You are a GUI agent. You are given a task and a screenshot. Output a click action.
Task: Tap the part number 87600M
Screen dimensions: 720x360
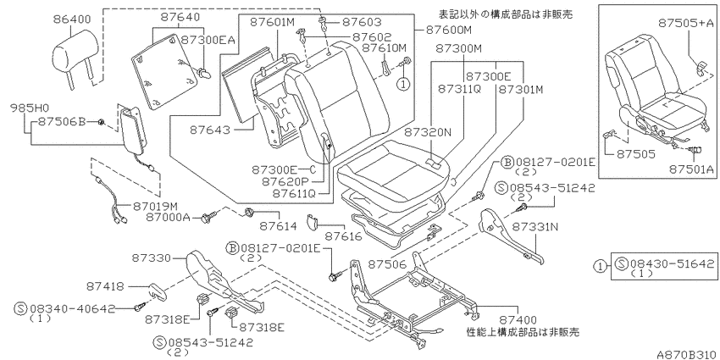[449, 30]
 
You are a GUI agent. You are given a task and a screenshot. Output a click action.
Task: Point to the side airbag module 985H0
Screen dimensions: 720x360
[132, 126]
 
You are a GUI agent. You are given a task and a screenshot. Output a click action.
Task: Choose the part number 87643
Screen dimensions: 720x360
[210, 130]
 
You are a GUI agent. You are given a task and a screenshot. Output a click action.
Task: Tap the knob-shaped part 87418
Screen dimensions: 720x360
[156, 291]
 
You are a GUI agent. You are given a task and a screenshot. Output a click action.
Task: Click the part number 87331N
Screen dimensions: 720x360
[535, 226]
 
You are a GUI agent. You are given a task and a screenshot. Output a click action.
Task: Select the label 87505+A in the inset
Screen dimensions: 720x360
[686, 23]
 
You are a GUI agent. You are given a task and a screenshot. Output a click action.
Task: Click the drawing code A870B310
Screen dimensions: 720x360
[686, 354]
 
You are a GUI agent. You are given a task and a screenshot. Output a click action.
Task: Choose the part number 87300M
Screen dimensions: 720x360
[458, 47]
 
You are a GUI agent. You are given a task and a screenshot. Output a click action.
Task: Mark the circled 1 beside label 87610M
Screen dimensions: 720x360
[402, 84]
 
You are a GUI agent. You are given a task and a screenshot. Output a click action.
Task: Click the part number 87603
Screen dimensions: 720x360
[363, 21]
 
